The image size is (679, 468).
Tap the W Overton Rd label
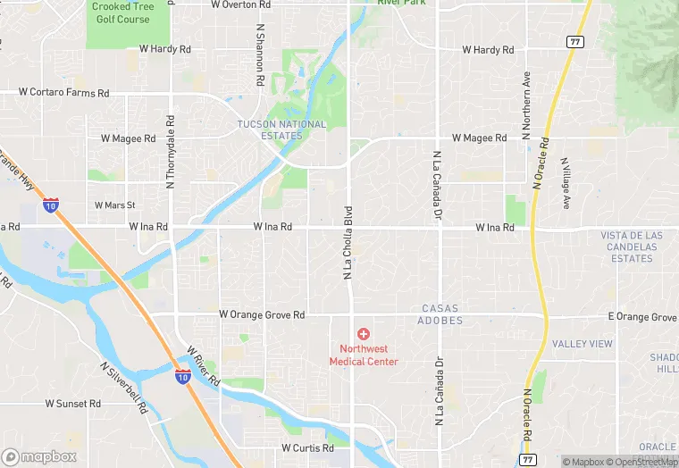pyautogui.click(x=241, y=4)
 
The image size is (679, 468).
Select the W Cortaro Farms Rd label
pyautogui.click(x=64, y=93)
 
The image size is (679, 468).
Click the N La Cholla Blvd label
pyautogui.click(x=348, y=242)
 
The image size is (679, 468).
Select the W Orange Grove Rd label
pyautogui.click(x=262, y=315)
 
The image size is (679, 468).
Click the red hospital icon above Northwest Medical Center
pyautogui.click(x=364, y=333)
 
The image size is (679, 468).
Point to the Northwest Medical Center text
pyautogui.click(x=364, y=355)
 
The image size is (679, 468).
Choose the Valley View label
pyautogui.click(x=583, y=344)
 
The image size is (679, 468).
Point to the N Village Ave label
pyautogui.click(x=566, y=183)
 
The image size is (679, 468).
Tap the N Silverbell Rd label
pyautogui.click(x=122, y=380)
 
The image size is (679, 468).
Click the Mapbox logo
pyautogui.click(x=39, y=456)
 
